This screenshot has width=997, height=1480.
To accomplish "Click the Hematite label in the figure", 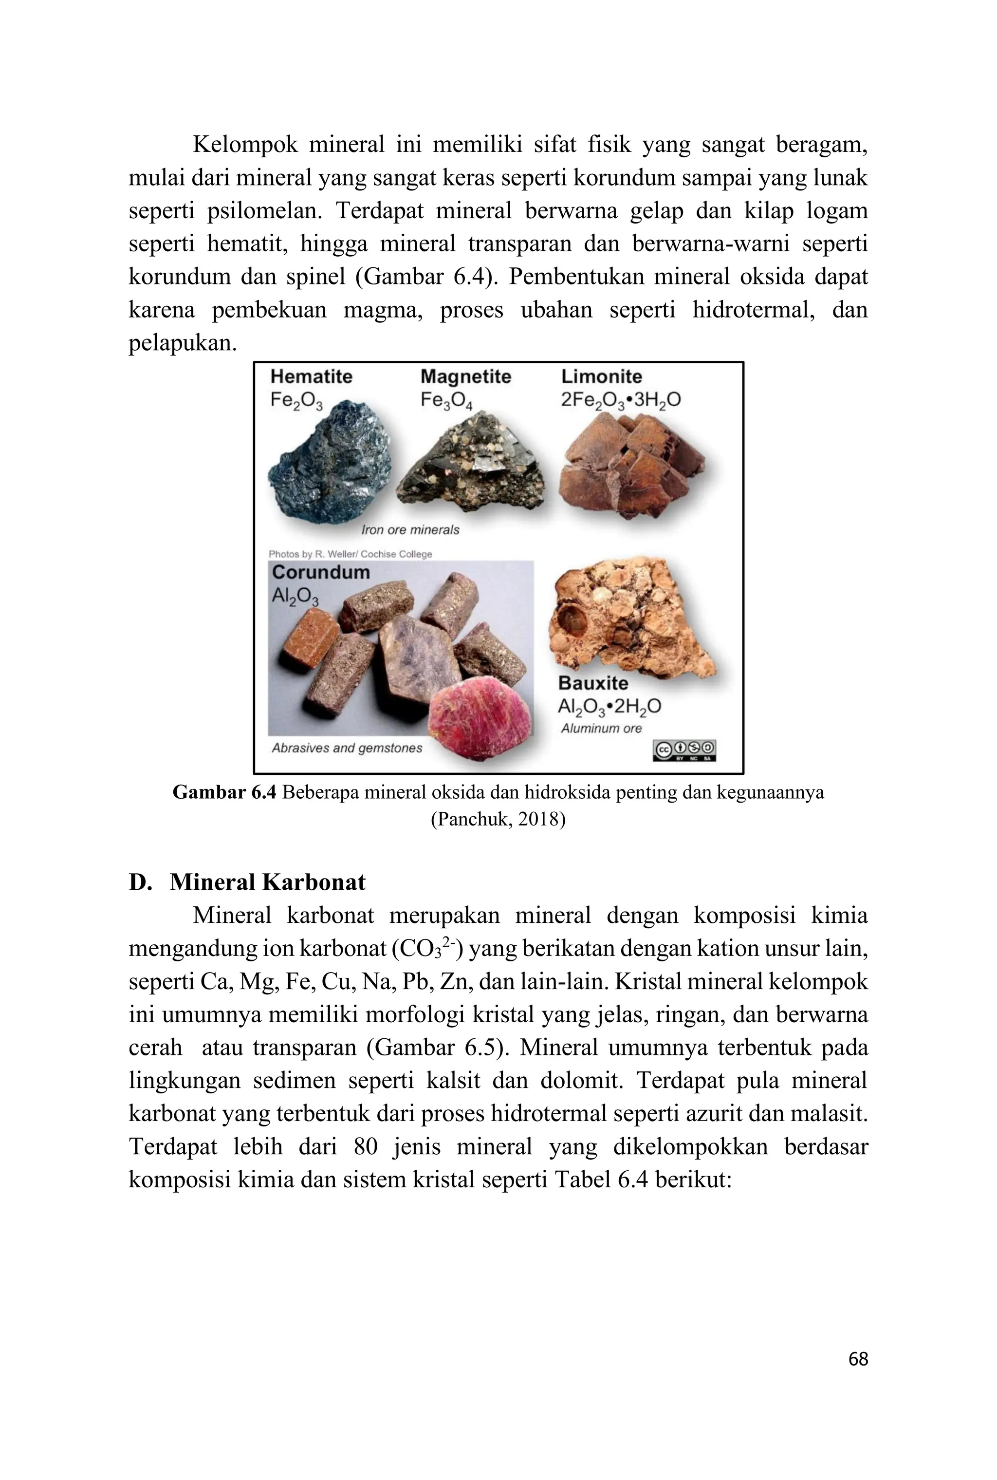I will [311, 376].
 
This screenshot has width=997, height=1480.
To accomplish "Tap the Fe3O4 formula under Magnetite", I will [446, 401].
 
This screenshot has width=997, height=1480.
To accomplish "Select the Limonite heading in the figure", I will [602, 376].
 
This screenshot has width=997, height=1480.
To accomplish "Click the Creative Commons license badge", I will [684, 750].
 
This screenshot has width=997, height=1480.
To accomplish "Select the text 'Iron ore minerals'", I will [410, 530].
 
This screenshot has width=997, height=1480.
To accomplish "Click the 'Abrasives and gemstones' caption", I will [347, 748].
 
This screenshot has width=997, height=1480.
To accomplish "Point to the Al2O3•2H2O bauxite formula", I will [609, 707].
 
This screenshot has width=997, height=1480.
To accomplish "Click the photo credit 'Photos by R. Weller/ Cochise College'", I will [351, 554].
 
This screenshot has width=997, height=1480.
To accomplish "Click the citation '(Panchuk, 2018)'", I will [498, 819].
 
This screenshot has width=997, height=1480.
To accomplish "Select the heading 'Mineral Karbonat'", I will [268, 882].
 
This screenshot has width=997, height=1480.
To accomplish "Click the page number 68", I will [858, 1359].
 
